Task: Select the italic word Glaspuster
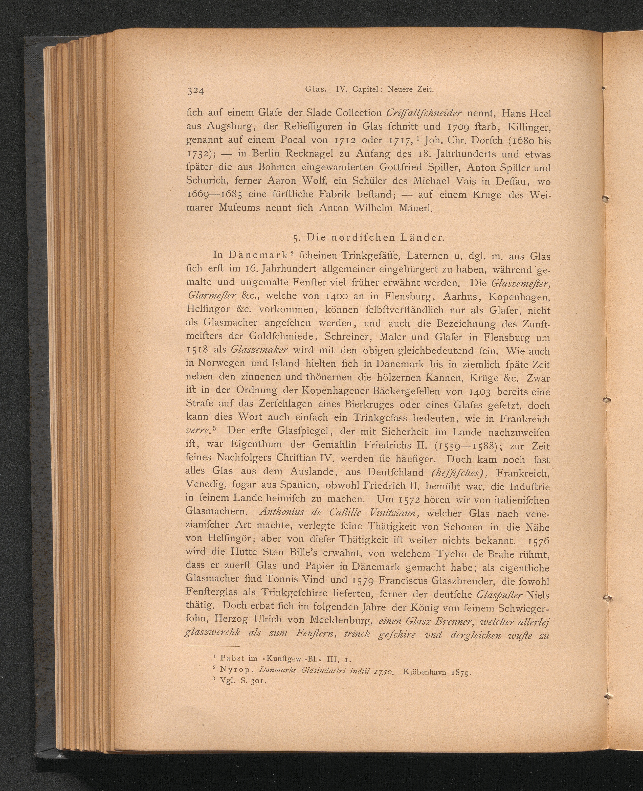[500, 595]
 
